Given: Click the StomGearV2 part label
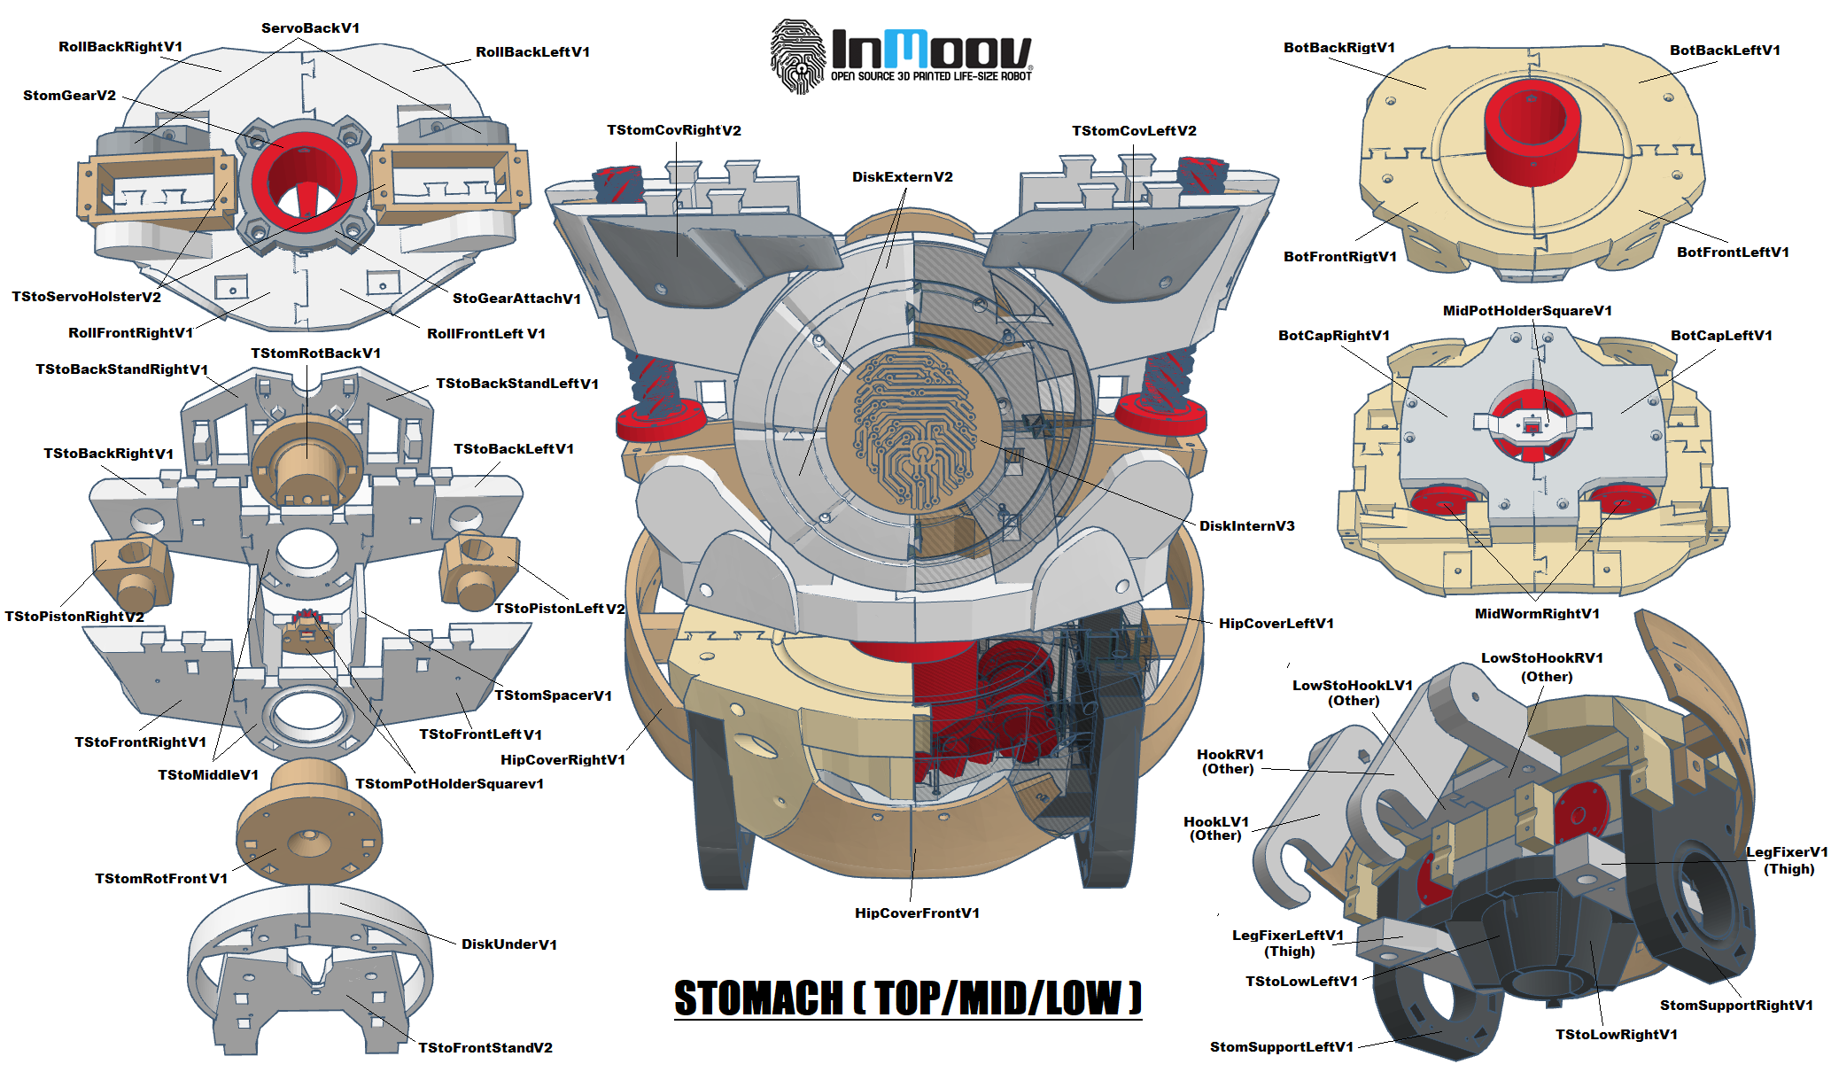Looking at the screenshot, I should click(69, 96).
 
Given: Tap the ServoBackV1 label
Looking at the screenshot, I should click(310, 28).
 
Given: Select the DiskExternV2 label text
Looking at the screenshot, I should click(902, 177).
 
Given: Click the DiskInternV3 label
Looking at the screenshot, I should click(1246, 526).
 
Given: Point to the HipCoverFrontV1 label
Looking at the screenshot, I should click(917, 913).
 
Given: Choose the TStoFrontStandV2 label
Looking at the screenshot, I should click(485, 1048).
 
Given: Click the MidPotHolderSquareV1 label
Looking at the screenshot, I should click(1527, 311).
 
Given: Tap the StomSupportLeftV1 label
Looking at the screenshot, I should click(1281, 1047).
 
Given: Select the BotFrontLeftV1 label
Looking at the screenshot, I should click(1732, 252).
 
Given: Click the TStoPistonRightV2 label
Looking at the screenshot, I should click(74, 617).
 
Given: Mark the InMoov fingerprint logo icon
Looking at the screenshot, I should click(798, 56).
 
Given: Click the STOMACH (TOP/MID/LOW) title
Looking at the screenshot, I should click(907, 998).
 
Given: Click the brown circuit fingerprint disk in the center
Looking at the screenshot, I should click(912, 431).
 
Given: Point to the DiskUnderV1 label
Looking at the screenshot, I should click(508, 944).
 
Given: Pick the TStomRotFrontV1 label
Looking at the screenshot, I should click(161, 879).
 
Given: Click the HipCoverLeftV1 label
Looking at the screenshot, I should click(1276, 624).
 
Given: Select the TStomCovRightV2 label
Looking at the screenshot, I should click(673, 131).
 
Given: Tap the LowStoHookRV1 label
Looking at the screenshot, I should click(1541, 658).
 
